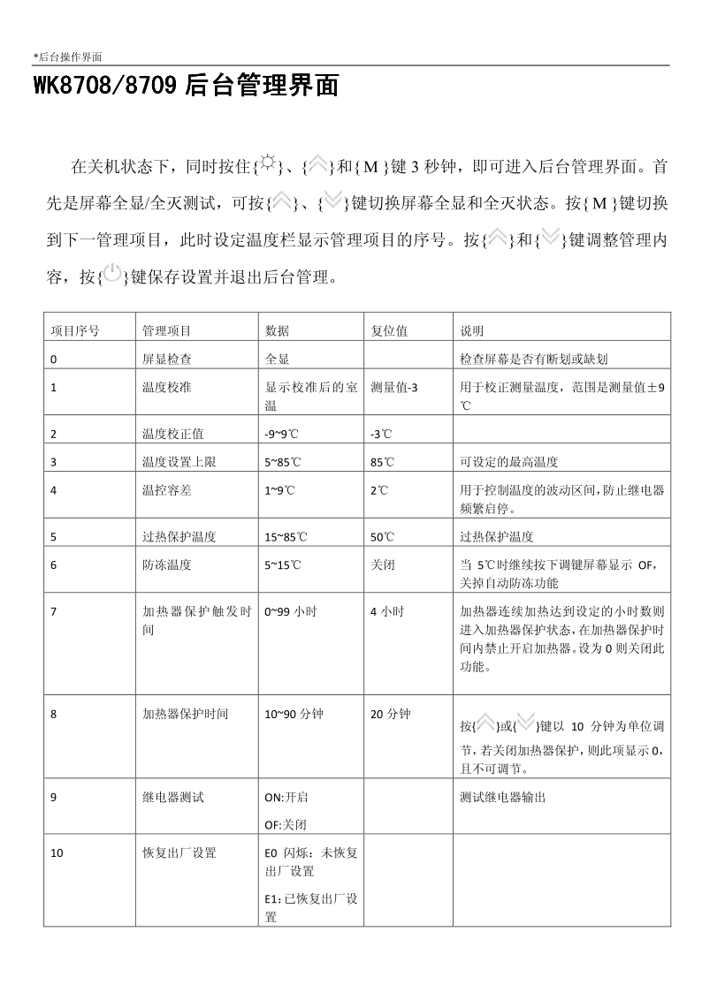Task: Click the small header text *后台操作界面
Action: (68, 57)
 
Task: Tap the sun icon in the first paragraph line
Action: (265, 165)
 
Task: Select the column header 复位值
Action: (389, 331)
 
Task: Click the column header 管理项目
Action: (167, 331)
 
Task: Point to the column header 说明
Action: (472, 331)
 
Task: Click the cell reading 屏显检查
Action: (167, 360)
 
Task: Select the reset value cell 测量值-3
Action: (395, 388)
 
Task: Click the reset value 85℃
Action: (383, 462)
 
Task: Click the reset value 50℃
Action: (383, 536)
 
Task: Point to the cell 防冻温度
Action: (167, 564)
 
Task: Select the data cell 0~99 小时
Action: (293, 610)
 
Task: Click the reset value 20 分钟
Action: (391, 713)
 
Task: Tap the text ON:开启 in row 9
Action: (286, 797)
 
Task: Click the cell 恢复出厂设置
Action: (179, 852)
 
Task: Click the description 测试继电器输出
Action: (503, 797)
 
